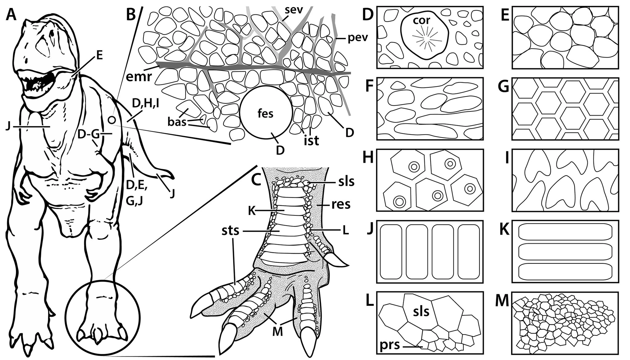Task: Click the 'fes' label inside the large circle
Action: coord(265,114)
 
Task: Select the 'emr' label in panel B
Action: coord(139,76)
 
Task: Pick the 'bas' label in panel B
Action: coord(177,122)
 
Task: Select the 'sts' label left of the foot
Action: coord(230,230)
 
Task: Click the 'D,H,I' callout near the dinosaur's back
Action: coord(145,104)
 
